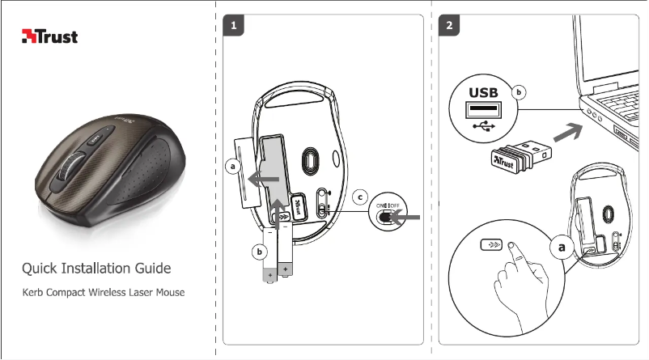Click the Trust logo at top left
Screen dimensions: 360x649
click(x=49, y=36)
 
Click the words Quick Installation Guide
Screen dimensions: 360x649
click(x=96, y=268)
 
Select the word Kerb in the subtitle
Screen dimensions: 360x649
click(x=34, y=291)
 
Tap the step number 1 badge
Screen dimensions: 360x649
click(x=233, y=25)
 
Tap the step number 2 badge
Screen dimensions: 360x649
click(x=449, y=25)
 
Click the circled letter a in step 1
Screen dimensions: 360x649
click(x=234, y=166)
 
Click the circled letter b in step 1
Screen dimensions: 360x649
click(x=259, y=252)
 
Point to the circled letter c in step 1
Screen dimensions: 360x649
click(x=362, y=196)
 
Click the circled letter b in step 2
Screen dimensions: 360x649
click(x=520, y=93)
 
